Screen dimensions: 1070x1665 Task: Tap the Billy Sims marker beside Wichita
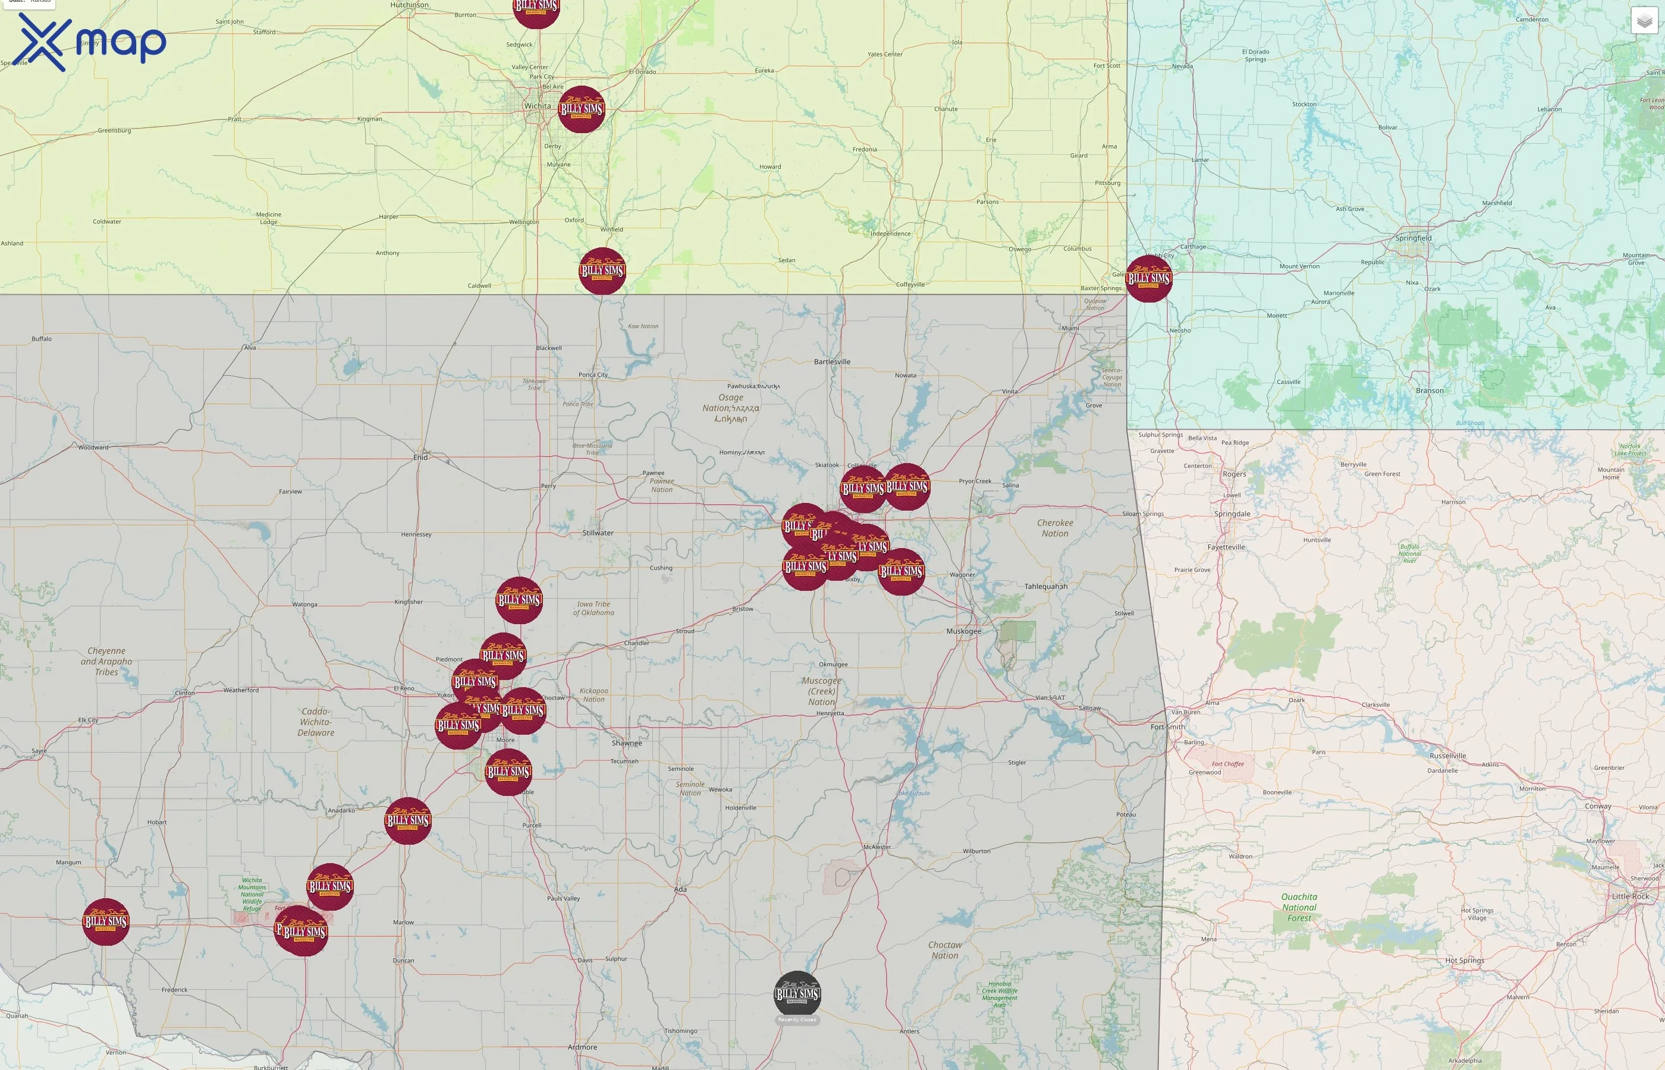tap(581, 109)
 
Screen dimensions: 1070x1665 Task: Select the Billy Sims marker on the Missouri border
tap(1149, 279)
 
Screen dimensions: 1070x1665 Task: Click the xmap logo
tap(90, 42)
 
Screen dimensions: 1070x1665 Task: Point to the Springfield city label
tap(1413, 238)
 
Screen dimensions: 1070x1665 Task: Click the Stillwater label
tap(598, 533)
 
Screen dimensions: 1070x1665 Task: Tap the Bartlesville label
tap(832, 362)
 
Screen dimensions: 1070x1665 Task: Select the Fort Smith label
tap(1167, 727)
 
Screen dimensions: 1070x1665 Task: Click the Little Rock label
tap(1629, 896)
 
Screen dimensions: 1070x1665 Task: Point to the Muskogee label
tap(963, 631)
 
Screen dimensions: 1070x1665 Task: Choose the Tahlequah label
tap(1045, 586)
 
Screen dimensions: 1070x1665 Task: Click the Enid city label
tap(420, 457)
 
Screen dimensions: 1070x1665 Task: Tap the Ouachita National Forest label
tap(1299, 907)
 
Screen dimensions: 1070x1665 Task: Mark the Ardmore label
tap(582, 1047)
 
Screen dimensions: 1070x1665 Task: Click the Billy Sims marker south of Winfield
tap(602, 271)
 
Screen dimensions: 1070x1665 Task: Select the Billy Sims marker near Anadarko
tap(407, 820)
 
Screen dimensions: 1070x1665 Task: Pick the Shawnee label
tap(626, 742)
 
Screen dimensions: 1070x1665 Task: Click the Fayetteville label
tap(1226, 547)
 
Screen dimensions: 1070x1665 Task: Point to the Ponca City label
tap(593, 374)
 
